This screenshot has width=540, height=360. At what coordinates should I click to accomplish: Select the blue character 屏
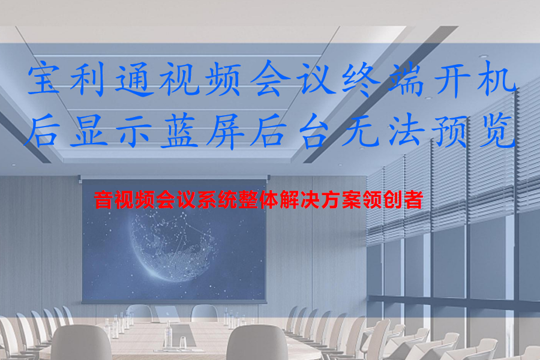click(224, 132)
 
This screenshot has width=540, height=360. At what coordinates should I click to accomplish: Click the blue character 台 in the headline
click(313, 132)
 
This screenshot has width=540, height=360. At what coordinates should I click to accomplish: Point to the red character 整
click(248, 200)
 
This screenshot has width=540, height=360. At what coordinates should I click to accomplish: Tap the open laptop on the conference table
click(167, 314)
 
